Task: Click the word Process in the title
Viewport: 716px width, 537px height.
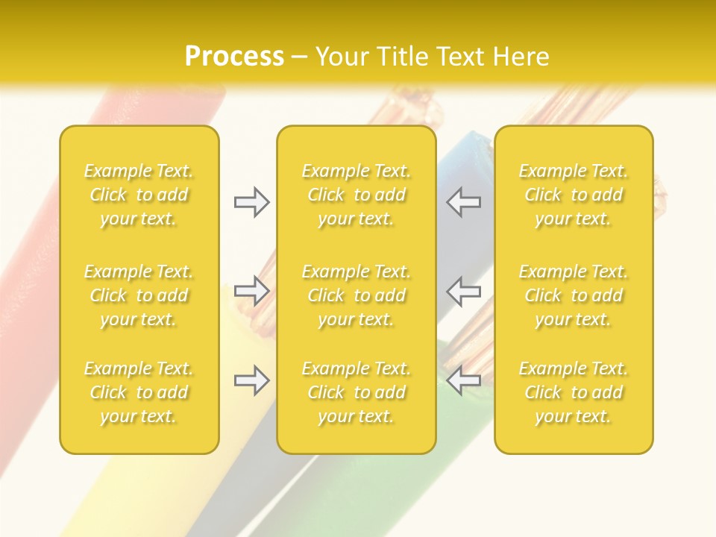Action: pos(234,56)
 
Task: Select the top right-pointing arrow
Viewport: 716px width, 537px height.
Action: pos(251,201)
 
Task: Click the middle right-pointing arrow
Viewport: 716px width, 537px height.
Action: pos(251,290)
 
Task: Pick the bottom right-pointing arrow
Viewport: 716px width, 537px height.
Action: pos(251,380)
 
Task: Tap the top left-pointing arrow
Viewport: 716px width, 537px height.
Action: pos(464,201)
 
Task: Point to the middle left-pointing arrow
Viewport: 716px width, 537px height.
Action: pos(464,290)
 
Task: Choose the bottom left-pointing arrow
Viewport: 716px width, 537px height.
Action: pos(464,380)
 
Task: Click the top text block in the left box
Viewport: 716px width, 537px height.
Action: pos(139,195)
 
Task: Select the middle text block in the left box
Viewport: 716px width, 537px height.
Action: pos(139,295)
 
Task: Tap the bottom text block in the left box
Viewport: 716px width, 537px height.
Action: pos(139,392)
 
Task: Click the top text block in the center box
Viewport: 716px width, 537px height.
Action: pos(356,195)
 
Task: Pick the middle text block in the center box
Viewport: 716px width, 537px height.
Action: pos(356,295)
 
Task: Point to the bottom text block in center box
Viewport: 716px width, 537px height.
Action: pos(356,392)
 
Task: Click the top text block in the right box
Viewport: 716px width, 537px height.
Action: pos(573,195)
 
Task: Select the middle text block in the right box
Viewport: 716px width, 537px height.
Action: pos(573,295)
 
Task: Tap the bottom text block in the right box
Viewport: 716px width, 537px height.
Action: pos(573,392)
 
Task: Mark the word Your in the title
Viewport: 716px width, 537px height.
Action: pos(342,56)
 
